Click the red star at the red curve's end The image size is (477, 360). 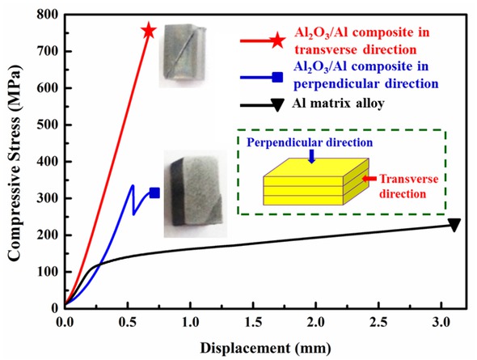[x=148, y=31]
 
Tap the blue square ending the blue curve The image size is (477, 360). [x=154, y=193]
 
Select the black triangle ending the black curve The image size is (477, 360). [x=454, y=225]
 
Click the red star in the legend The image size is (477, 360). [x=276, y=40]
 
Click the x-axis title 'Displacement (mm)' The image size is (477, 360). [x=252, y=345]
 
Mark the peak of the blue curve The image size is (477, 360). [x=132, y=186]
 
